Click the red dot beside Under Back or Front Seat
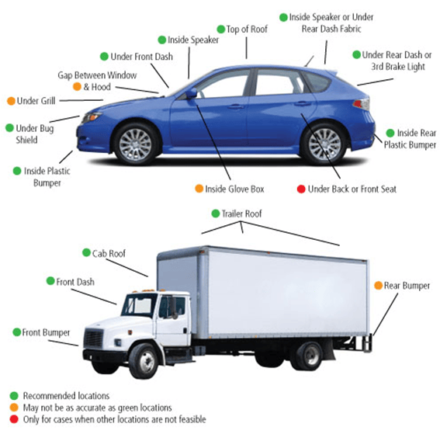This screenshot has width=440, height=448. click(301, 189)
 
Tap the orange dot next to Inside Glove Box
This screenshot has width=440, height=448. click(199, 189)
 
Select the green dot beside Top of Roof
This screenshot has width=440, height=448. click(221, 30)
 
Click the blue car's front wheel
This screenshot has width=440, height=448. click(135, 144)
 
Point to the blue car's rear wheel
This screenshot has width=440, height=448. click(325, 144)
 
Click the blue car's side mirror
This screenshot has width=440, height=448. click(192, 93)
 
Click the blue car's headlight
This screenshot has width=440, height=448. click(91, 117)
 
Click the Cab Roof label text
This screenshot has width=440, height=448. click(109, 253)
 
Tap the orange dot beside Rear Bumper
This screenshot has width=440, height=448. click(379, 285)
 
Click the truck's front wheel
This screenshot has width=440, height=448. click(144, 360)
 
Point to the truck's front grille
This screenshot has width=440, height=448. click(93, 339)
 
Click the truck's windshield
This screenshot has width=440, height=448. click(139, 305)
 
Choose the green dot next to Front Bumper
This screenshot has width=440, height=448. click(17, 332)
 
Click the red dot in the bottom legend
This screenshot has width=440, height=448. click(14, 419)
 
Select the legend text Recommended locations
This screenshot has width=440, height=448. click(66, 396)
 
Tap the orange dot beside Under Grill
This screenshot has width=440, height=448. click(11, 101)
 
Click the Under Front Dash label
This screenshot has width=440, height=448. click(141, 57)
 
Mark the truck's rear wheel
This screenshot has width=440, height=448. click(308, 356)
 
